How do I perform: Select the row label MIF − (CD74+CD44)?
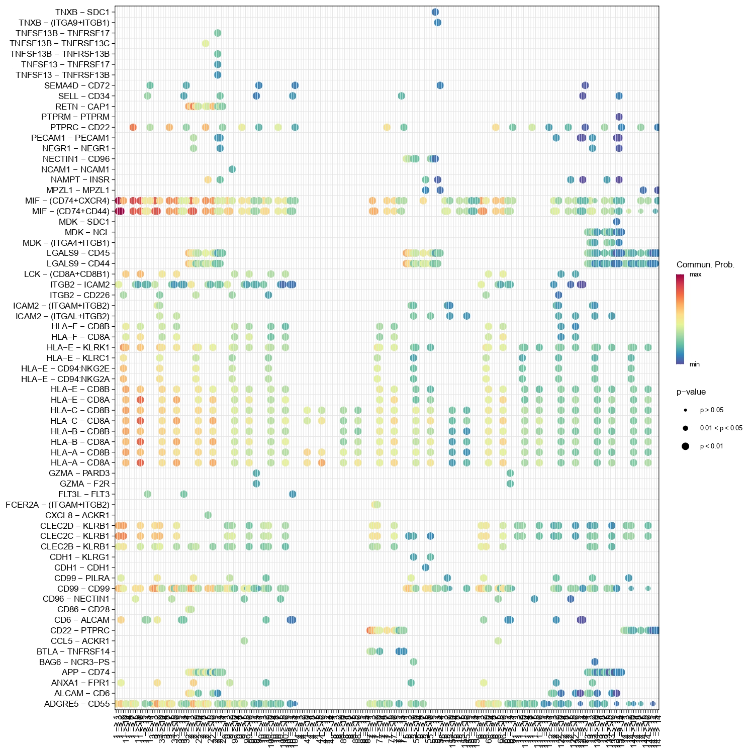[71, 211]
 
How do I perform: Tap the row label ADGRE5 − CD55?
[77, 704]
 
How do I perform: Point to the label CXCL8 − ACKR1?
[77, 515]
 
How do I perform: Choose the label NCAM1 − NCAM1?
[75, 169]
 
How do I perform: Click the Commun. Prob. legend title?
[705, 265]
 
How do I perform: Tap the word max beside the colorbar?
[695, 274]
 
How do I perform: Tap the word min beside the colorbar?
[694, 364]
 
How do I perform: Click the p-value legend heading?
[691, 392]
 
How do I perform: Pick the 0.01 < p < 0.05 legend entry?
[721, 428]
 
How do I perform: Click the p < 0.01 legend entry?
[711, 446]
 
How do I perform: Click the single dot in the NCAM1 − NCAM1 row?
[232, 169]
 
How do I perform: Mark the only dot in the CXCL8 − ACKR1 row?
[208, 515]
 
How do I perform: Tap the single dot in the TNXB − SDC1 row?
[435, 12]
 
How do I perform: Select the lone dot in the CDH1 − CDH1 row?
[426, 568]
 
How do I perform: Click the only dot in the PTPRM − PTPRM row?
[619, 117]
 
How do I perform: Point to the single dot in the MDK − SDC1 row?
[617, 222]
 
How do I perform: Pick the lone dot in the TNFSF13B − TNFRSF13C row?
[206, 43]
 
